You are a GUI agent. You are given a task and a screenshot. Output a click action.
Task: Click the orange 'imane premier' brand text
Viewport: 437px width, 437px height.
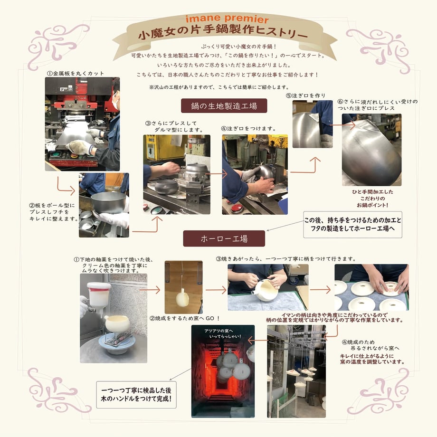(227, 19)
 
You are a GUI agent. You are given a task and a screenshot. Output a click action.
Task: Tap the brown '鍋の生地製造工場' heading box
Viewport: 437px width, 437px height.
(224, 105)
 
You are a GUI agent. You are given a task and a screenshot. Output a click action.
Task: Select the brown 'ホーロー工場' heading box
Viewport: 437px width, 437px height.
(224, 238)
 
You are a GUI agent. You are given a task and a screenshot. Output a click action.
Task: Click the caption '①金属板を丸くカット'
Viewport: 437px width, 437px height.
(76, 74)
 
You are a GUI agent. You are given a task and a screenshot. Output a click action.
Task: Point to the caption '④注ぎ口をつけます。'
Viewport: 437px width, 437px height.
(248, 128)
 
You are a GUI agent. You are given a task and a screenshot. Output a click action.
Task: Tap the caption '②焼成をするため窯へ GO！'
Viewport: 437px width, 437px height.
(185, 318)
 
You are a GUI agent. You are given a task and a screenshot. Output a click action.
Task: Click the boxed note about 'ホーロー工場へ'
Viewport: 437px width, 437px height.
(352, 224)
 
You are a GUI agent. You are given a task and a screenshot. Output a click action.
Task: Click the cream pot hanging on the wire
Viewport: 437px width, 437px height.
(182, 298)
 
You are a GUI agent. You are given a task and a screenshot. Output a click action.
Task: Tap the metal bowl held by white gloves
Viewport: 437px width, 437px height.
(109, 202)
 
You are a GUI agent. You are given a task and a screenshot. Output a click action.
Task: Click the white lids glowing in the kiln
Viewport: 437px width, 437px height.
(230, 366)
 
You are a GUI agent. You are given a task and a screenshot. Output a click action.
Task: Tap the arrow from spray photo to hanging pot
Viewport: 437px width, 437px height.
(150, 290)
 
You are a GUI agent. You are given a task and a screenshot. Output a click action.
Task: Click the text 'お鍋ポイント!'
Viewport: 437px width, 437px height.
(372, 205)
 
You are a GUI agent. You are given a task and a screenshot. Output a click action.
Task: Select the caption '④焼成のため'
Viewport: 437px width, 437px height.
(359, 342)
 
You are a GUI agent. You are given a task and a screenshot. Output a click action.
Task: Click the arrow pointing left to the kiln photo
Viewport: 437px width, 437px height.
(258, 340)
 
